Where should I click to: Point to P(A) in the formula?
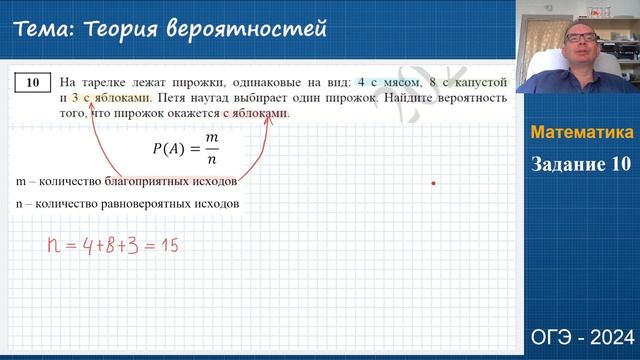click(168, 150)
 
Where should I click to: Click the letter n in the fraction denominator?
click(212, 160)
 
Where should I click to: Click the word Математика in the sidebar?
click(581, 133)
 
